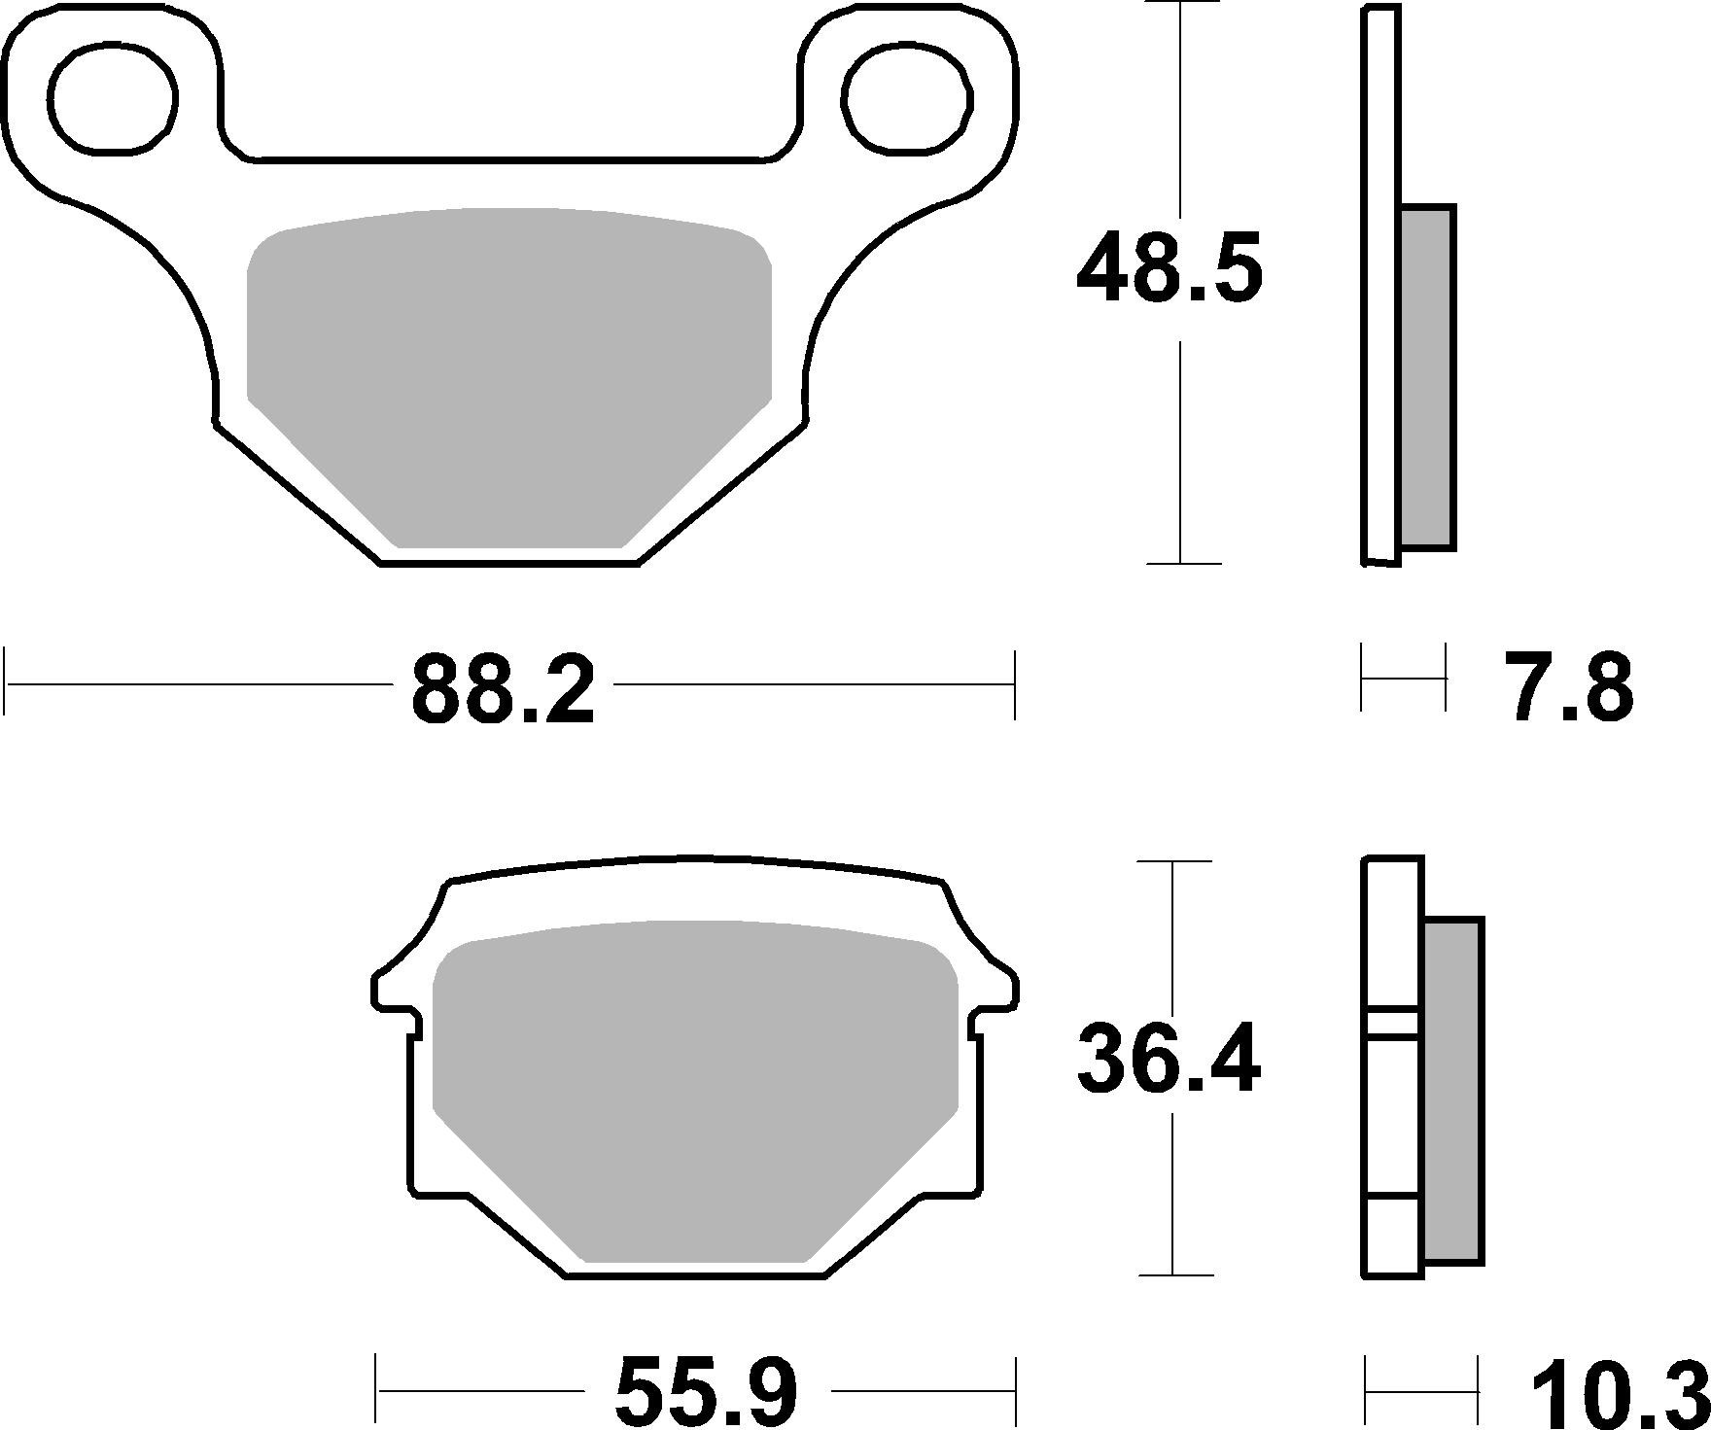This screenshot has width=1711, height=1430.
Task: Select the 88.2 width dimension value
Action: point(503,690)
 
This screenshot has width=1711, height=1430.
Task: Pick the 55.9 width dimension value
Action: point(707,1391)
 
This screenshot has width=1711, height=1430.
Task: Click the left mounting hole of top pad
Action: point(114,99)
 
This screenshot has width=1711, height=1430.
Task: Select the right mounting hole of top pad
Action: point(908,99)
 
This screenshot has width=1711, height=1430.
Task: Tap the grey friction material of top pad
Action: point(508,369)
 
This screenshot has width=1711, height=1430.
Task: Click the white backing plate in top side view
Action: point(1381,292)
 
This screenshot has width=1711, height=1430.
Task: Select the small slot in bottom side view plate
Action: point(1393,1021)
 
